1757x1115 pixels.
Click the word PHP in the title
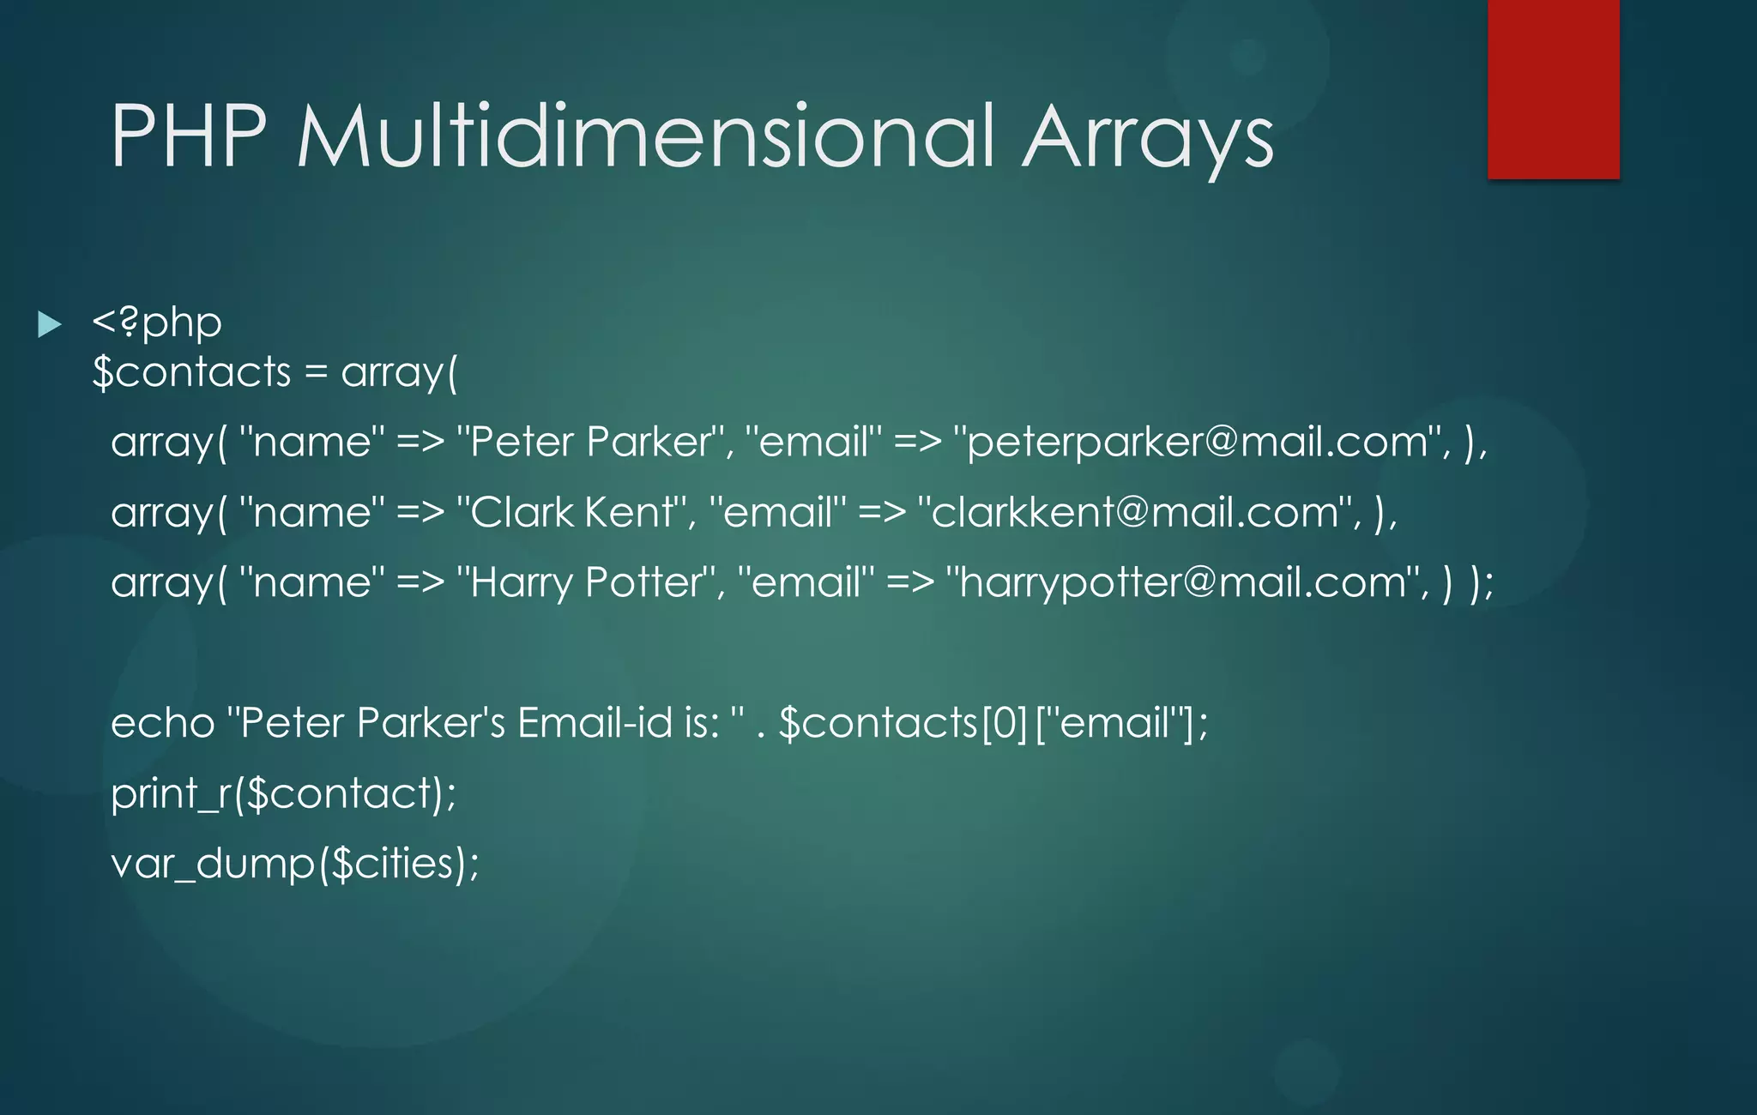[x=189, y=137]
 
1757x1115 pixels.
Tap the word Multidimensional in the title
[x=646, y=137]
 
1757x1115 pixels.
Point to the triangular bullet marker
[x=50, y=325]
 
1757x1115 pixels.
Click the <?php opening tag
[x=157, y=323]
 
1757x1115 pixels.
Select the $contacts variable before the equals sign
[x=192, y=373]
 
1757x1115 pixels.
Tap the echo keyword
[x=162, y=723]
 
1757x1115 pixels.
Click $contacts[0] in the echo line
[x=903, y=723]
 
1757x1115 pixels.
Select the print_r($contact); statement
[x=283, y=793]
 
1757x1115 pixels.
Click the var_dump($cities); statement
[x=294, y=864]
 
